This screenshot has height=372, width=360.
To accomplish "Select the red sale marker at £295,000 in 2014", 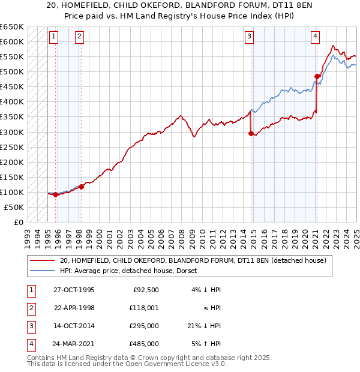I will [251, 133].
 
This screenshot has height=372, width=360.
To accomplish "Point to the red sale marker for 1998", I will [82, 187].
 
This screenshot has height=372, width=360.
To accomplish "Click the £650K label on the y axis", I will [12, 27].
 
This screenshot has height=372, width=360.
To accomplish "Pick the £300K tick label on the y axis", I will [12, 132].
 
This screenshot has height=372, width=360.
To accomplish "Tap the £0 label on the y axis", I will [19, 222].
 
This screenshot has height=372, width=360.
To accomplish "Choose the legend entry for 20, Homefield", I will [193, 260].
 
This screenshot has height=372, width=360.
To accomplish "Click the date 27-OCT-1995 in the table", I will [74, 289].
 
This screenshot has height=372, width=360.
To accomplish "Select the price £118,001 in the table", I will [145, 308].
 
